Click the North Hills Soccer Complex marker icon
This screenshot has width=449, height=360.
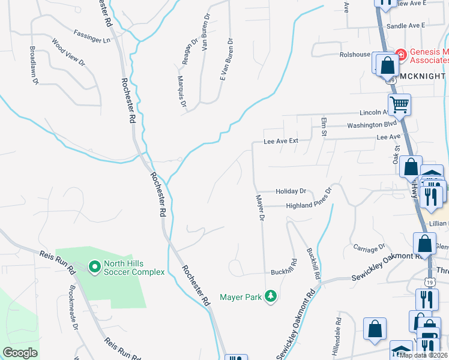(94, 266)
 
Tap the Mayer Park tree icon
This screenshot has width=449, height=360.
(271, 296)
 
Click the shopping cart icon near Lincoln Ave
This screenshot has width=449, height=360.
(399, 104)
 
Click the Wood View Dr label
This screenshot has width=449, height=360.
(68, 53)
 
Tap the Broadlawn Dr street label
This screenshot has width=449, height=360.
(34, 65)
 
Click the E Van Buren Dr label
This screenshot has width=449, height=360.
(226, 59)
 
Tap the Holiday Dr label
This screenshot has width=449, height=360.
(291, 191)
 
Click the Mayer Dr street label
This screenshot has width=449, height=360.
(260, 208)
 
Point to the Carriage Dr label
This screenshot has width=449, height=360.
(369, 248)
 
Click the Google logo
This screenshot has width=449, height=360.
(20, 353)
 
